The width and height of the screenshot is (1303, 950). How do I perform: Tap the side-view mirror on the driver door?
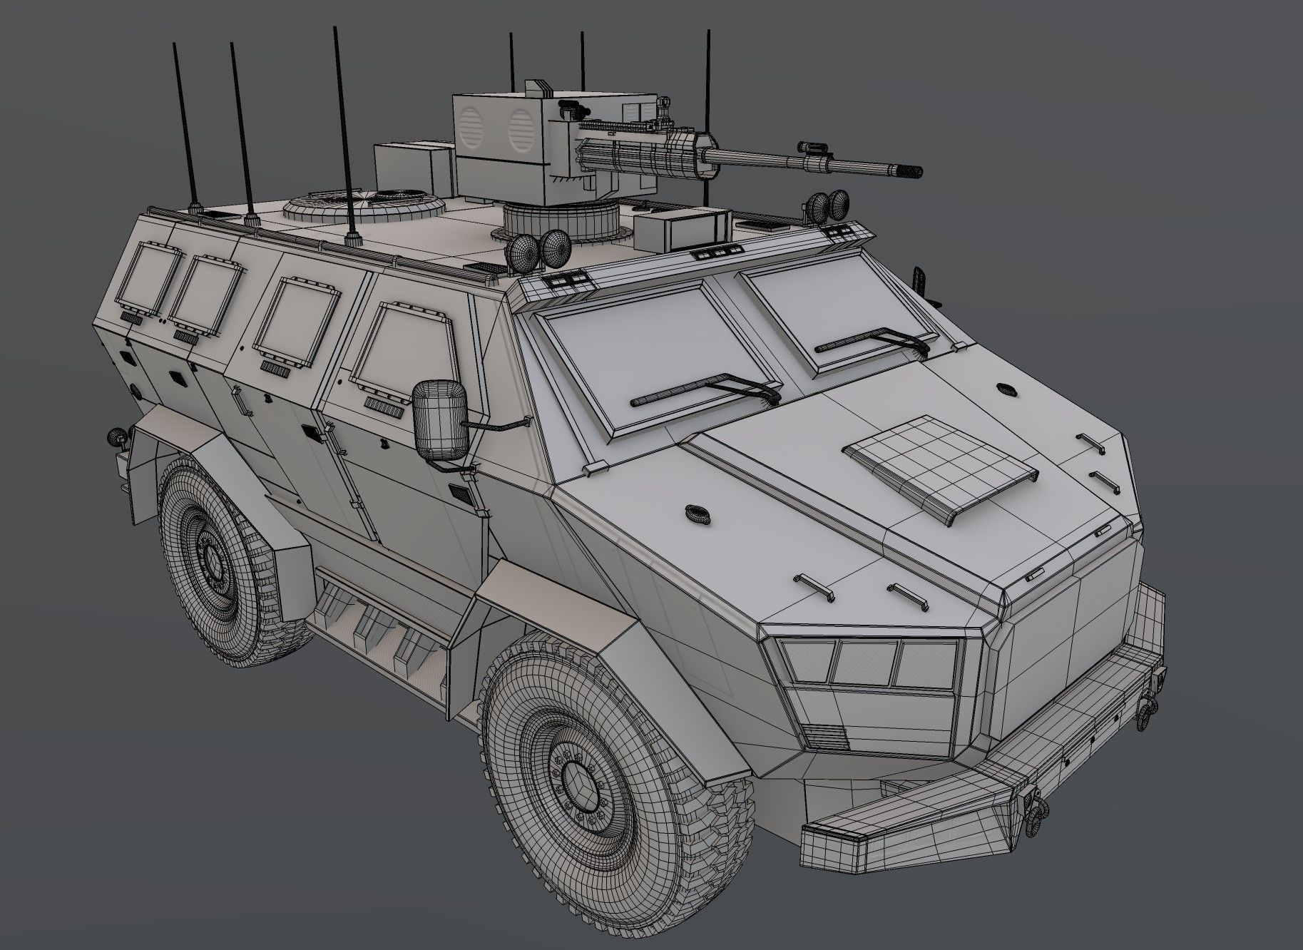[441, 420]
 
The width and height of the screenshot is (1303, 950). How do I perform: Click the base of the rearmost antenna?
[195, 208]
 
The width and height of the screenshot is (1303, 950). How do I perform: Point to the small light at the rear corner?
[113, 435]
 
